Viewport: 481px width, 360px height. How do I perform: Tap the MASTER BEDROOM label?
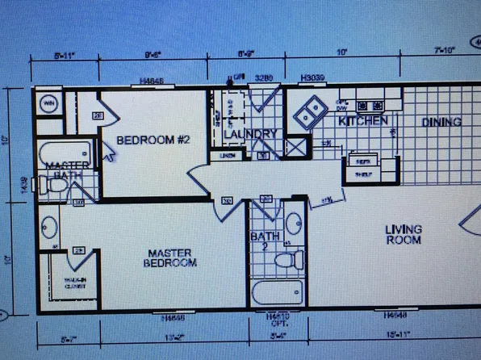170,257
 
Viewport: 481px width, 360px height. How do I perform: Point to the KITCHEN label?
363,121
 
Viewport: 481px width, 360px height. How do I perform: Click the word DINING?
441,123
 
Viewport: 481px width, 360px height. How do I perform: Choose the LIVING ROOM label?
403,234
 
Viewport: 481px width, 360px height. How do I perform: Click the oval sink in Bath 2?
294,221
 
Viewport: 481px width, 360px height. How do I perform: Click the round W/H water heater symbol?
47,104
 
